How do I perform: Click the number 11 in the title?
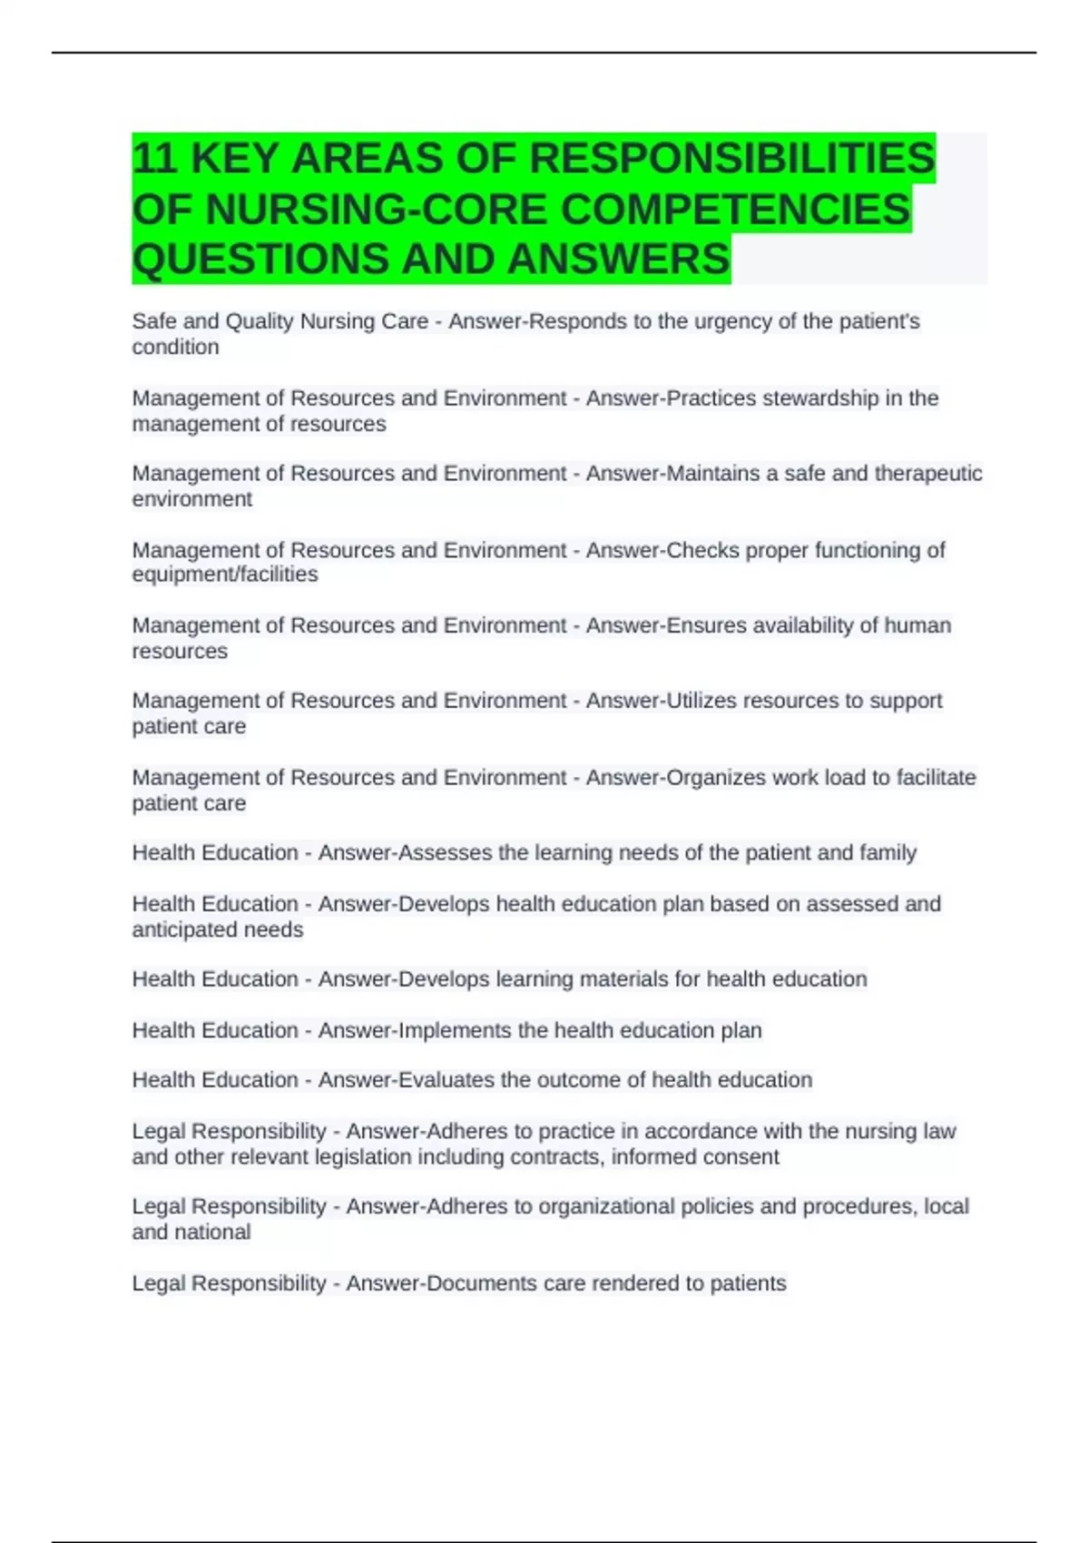coord(154,160)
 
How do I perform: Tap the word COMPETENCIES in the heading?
coord(735,210)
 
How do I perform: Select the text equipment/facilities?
coord(225,575)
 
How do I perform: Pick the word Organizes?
coord(717,778)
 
